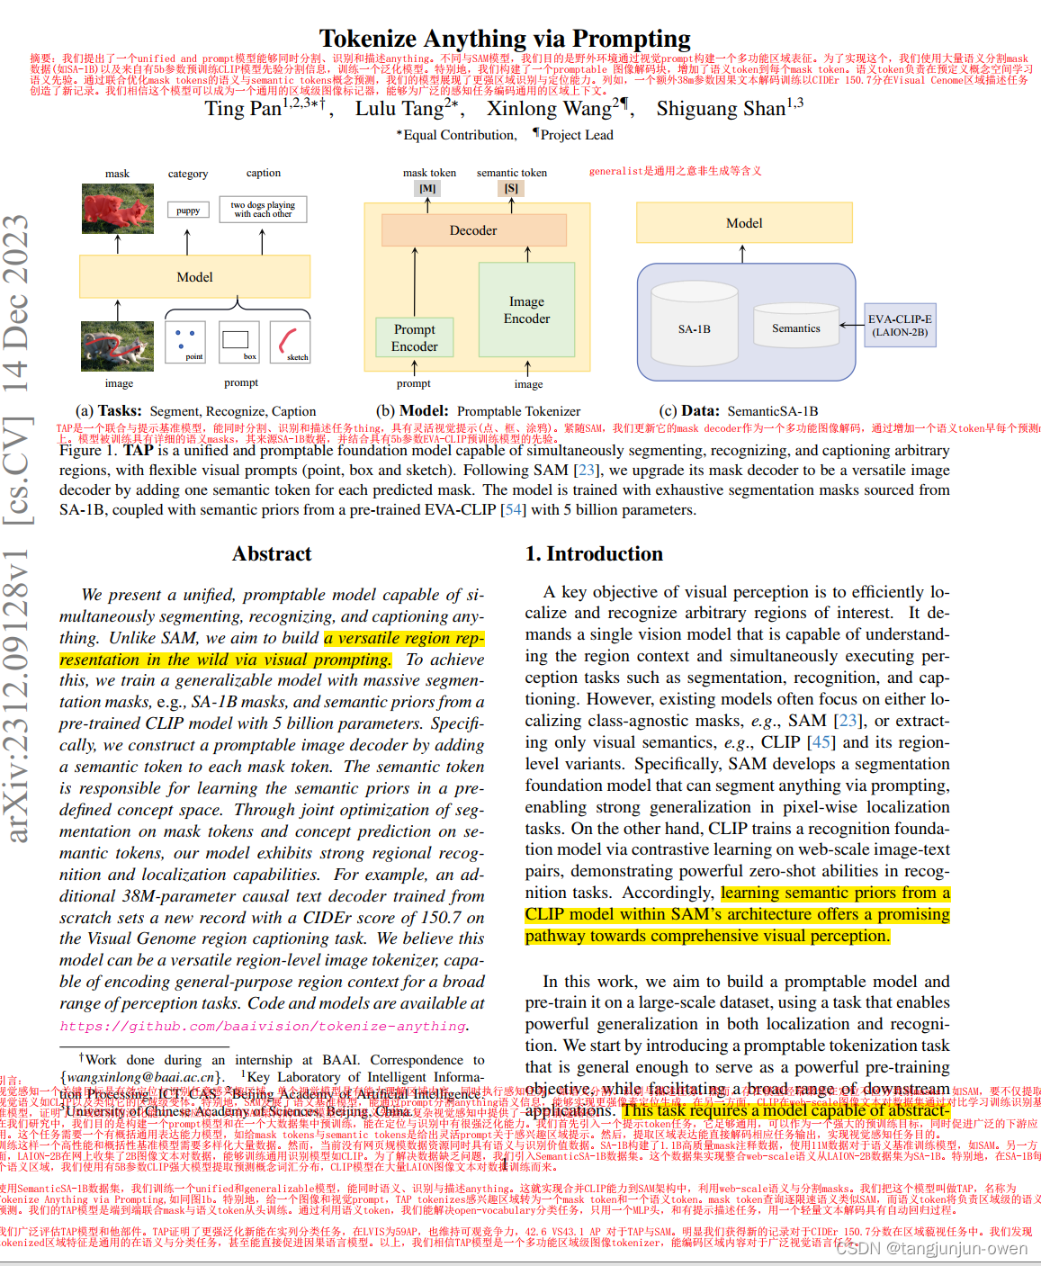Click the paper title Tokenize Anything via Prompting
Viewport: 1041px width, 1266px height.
coord(505,39)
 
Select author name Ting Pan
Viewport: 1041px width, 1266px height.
coord(243,109)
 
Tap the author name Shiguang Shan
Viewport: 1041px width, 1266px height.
coord(721,109)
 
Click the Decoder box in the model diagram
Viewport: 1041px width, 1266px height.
coord(473,230)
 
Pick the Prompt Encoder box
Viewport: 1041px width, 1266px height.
coord(415,337)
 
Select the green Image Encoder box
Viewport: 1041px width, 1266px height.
coord(526,310)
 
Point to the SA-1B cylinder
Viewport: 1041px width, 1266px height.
coord(694,328)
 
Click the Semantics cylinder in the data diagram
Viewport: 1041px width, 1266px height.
coord(795,328)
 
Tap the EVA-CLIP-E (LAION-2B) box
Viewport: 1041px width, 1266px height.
coord(900,325)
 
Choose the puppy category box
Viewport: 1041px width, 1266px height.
coord(188,210)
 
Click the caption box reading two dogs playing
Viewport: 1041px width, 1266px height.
coord(263,210)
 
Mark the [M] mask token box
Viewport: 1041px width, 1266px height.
coord(427,188)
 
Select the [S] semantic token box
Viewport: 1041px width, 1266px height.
coord(511,188)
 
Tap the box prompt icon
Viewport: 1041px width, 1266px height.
coord(238,342)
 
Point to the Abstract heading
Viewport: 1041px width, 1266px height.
coord(272,553)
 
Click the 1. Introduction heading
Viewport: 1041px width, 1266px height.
coord(594,553)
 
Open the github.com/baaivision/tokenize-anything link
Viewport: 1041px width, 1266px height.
coord(264,1026)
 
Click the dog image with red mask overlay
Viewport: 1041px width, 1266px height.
coord(117,208)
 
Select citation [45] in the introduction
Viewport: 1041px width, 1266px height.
coord(821,742)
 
